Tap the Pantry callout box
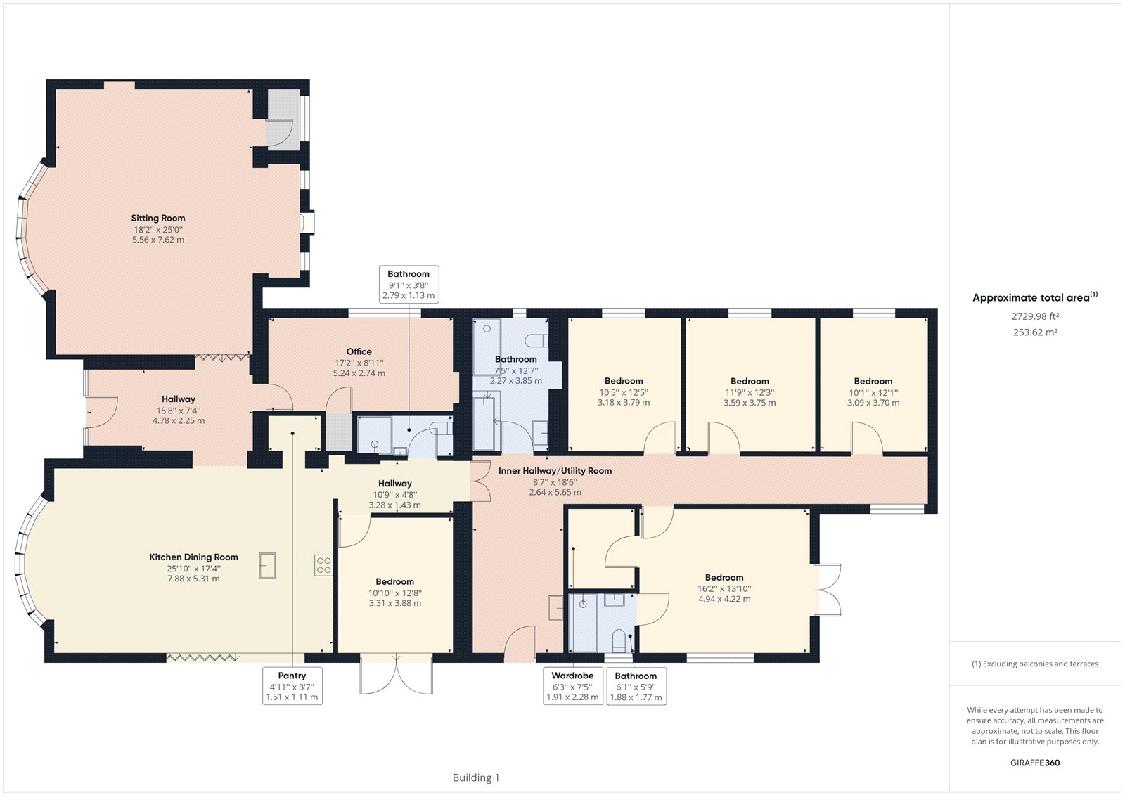click(292, 686)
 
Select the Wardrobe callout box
click(572, 686)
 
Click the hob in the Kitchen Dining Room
click(323, 565)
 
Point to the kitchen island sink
click(267, 565)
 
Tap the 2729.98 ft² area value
click(1035, 317)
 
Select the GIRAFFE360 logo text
click(1034, 763)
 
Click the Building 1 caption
click(476, 777)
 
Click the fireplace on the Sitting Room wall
click(307, 223)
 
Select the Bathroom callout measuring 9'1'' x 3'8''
click(409, 284)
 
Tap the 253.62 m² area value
click(1035, 332)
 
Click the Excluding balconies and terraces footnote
click(1035, 664)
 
